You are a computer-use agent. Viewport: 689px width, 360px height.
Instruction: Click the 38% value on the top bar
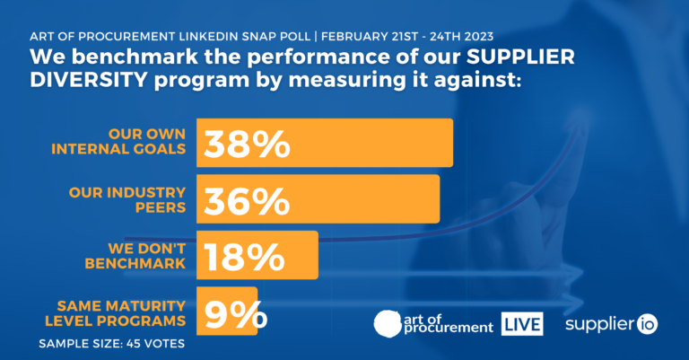tap(247, 144)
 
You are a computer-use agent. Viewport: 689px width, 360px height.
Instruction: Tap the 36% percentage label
tap(247, 199)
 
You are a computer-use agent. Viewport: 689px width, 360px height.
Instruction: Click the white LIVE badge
tap(521, 323)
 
